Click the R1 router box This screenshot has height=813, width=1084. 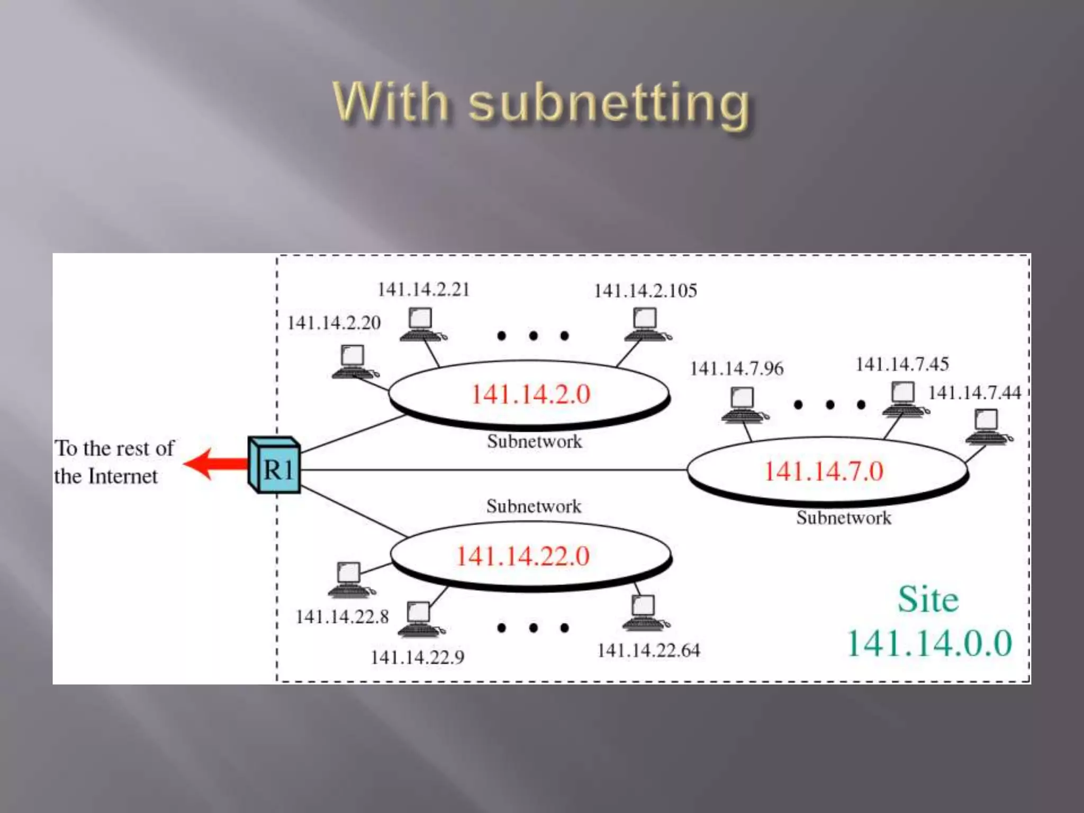pos(275,466)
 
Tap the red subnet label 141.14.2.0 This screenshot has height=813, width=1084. pos(530,394)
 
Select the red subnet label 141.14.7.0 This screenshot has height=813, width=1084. pos(824,471)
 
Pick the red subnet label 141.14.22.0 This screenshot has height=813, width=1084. pos(523,556)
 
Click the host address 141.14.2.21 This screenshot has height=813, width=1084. pos(423,290)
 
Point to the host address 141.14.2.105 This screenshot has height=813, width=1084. pos(645,291)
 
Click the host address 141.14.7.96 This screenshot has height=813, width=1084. pos(737,368)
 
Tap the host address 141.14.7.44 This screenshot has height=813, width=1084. pos(974,393)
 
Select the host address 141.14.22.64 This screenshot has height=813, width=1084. pos(648,651)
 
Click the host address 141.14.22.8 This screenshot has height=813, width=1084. pos(342,617)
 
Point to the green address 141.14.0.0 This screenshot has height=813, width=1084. pos(929,644)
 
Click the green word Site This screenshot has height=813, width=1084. pos(928,600)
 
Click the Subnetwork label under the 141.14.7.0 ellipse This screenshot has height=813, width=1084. pos(844,518)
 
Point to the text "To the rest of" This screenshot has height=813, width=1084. pos(115,448)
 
